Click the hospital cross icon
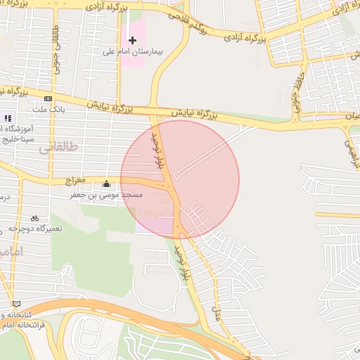[132, 40]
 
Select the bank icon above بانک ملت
[48, 99]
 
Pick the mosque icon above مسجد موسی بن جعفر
[106, 184]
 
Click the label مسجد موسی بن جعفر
[106, 195]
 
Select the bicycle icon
[34, 219]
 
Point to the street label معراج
[75, 181]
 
